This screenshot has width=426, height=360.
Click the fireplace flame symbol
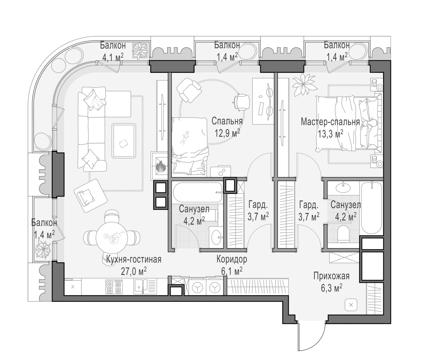(x=161, y=166)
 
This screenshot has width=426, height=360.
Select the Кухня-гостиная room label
(x=134, y=259)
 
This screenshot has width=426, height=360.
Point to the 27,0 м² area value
(x=134, y=271)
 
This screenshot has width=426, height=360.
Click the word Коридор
(x=232, y=259)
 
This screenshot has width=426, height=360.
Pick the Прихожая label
(x=332, y=276)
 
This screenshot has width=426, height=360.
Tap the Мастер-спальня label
(x=330, y=122)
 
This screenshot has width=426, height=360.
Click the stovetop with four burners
(x=114, y=287)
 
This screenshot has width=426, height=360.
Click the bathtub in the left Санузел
(x=197, y=192)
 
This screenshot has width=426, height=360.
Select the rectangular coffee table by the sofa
(x=124, y=141)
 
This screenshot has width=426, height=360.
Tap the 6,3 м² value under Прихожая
(x=332, y=288)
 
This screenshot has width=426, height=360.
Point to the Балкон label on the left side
(x=44, y=223)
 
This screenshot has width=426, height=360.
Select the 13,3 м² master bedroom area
(x=330, y=134)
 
